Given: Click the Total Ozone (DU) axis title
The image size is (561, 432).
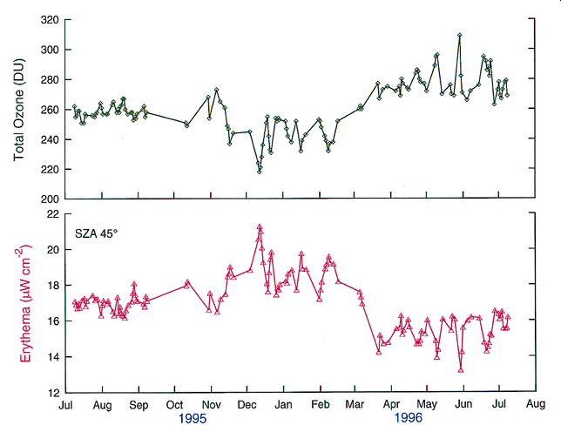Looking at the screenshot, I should (19, 109).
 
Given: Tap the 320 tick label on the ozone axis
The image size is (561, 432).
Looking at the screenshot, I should (49, 19).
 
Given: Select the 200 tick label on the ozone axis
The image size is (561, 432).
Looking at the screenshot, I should (49, 199).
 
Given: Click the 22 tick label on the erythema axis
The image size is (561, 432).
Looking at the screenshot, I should (52, 214).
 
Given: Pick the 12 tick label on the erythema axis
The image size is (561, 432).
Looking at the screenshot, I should (52, 393).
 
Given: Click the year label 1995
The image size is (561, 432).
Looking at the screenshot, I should (193, 419).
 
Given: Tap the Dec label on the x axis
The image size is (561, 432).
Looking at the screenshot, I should (247, 405).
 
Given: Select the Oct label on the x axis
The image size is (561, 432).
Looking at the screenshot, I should (174, 405).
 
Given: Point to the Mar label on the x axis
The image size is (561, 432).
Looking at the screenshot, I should (355, 405).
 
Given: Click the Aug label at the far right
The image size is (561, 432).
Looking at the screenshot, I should (537, 405).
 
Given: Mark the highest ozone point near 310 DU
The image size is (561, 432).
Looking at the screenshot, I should (459, 35).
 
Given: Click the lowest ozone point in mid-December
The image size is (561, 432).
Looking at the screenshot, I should (259, 172).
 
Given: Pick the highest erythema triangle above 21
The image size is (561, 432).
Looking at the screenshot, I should (260, 227).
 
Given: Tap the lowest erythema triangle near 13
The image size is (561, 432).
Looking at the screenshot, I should (461, 370).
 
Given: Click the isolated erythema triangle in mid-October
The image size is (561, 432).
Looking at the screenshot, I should (187, 284).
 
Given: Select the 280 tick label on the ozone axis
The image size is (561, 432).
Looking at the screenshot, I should (49, 79).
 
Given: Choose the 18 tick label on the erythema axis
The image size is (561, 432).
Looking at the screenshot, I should (52, 286).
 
